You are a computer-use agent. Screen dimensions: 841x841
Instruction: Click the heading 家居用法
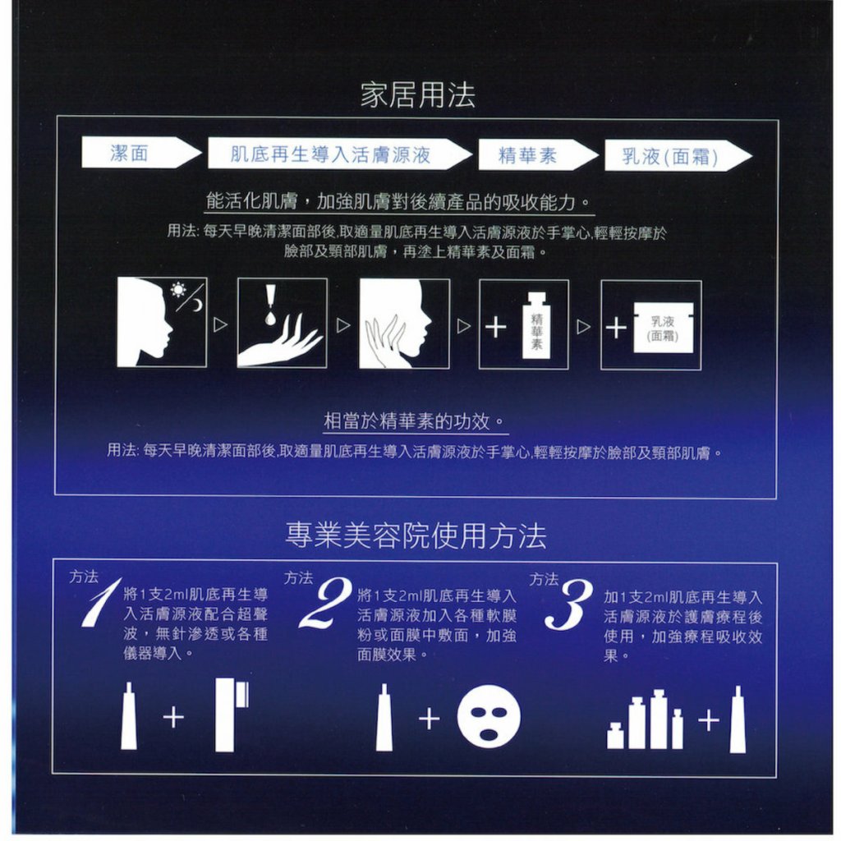pyautogui.click(x=417, y=95)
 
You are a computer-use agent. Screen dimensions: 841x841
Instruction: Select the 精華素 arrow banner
pyautogui.click(x=537, y=155)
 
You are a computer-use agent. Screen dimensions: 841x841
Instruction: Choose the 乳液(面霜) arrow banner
pyautogui.click(x=678, y=156)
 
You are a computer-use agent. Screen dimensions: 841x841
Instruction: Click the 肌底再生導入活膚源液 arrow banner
pyautogui.click(x=339, y=154)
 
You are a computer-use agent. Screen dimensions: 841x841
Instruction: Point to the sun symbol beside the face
pyautogui.click(x=178, y=290)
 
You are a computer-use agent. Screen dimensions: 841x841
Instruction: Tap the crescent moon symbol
pyautogui.click(x=197, y=305)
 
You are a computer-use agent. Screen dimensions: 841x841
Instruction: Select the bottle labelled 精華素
pyautogui.click(x=536, y=325)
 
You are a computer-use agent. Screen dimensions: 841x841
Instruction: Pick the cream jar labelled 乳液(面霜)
pyautogui.click(x=664, y=328)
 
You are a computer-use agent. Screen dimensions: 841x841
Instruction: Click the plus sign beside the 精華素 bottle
pyautogui.click(x=495, y=327)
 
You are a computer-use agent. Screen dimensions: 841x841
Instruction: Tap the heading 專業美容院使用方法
pyautogui.click(x=416, y=535)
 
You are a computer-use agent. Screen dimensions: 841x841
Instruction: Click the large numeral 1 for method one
pyautogui.click(x=100, y=602)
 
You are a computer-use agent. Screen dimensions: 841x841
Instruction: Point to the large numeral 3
pyautogui.click(x=568, y=604)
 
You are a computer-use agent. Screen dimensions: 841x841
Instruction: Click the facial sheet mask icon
pyautogui.click(x=488, y=718)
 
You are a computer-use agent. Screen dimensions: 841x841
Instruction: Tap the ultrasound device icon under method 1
pyautogui.click(x=232, y=715)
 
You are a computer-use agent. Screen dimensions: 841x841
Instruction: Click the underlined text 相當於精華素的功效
pyautogui.click(x=414, y=421)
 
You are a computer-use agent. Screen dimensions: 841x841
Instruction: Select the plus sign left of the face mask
pyautogui.click(x=429, y=719)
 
